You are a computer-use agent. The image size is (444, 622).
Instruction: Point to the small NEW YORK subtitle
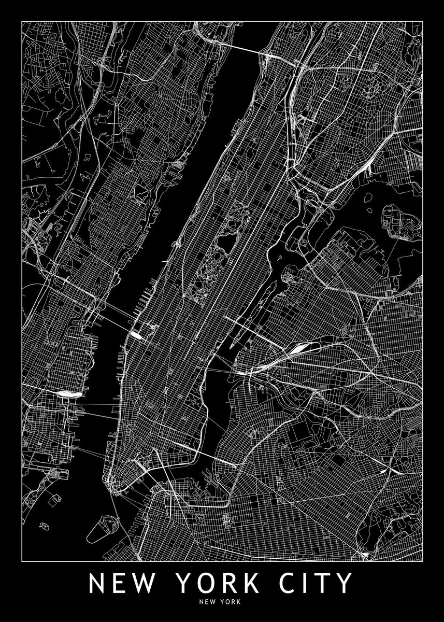[x=222, y=602]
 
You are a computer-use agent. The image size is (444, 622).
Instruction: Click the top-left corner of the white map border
[x=22, y=22]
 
